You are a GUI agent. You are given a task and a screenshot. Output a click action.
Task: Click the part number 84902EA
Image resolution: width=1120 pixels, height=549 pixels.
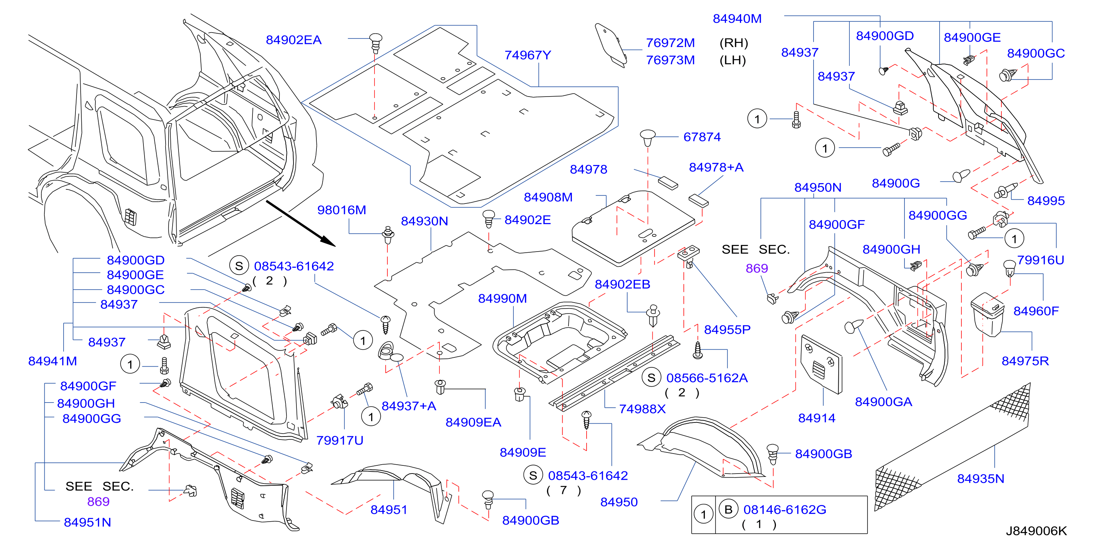point(293,40)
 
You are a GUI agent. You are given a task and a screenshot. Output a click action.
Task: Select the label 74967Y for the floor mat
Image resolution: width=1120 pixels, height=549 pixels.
point(527,55)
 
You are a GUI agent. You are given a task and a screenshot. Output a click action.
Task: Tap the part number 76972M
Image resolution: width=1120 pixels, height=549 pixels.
point(670,43)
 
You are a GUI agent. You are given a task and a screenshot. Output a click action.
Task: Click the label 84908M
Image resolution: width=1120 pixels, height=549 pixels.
point(548,198)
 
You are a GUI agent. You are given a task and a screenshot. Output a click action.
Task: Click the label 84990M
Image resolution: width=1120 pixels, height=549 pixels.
point(502,299)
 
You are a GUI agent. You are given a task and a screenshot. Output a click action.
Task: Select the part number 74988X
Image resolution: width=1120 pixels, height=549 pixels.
point(642,409)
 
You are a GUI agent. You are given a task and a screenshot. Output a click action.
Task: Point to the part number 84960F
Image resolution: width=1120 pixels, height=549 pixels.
point(1036,311)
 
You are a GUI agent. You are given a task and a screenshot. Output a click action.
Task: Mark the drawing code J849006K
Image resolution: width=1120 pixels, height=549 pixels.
point(1036,531)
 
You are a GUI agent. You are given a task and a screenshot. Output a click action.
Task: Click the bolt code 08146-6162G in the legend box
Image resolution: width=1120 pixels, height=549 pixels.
point(784,509)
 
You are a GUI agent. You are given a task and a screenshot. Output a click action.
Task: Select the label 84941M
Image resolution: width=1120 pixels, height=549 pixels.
point(52,361)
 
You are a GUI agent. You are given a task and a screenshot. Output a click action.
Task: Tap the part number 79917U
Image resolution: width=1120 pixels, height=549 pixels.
point(340,441)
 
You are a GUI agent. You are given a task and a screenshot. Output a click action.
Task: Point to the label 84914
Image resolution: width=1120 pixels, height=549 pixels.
point(817,418)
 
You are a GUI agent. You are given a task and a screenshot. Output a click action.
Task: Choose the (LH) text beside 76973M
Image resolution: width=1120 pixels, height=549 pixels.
point(733,60)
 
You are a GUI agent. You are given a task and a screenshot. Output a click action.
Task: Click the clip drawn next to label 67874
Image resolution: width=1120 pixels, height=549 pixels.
point(647,138)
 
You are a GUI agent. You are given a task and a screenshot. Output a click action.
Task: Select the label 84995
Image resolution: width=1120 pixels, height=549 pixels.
point(1046,201)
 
